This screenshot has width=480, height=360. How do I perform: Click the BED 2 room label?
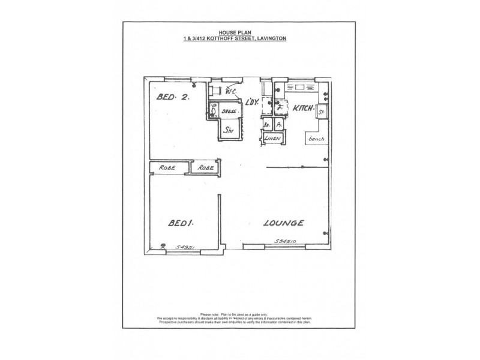(x=173, y=97)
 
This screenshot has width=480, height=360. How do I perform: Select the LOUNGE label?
(x=284, y=223)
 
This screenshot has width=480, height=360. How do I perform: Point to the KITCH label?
(x=304, y=109)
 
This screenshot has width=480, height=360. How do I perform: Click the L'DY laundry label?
(x=252, y=103)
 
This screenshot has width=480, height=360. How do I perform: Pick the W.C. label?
(x=230, y=92)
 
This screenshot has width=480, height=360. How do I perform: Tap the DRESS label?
(x=227, y=112)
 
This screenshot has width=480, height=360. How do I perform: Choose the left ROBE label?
(x=166, y=168)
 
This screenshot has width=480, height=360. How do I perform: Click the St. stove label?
(x=322, y=112)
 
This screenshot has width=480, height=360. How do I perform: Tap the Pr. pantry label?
(x=278, y=125)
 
